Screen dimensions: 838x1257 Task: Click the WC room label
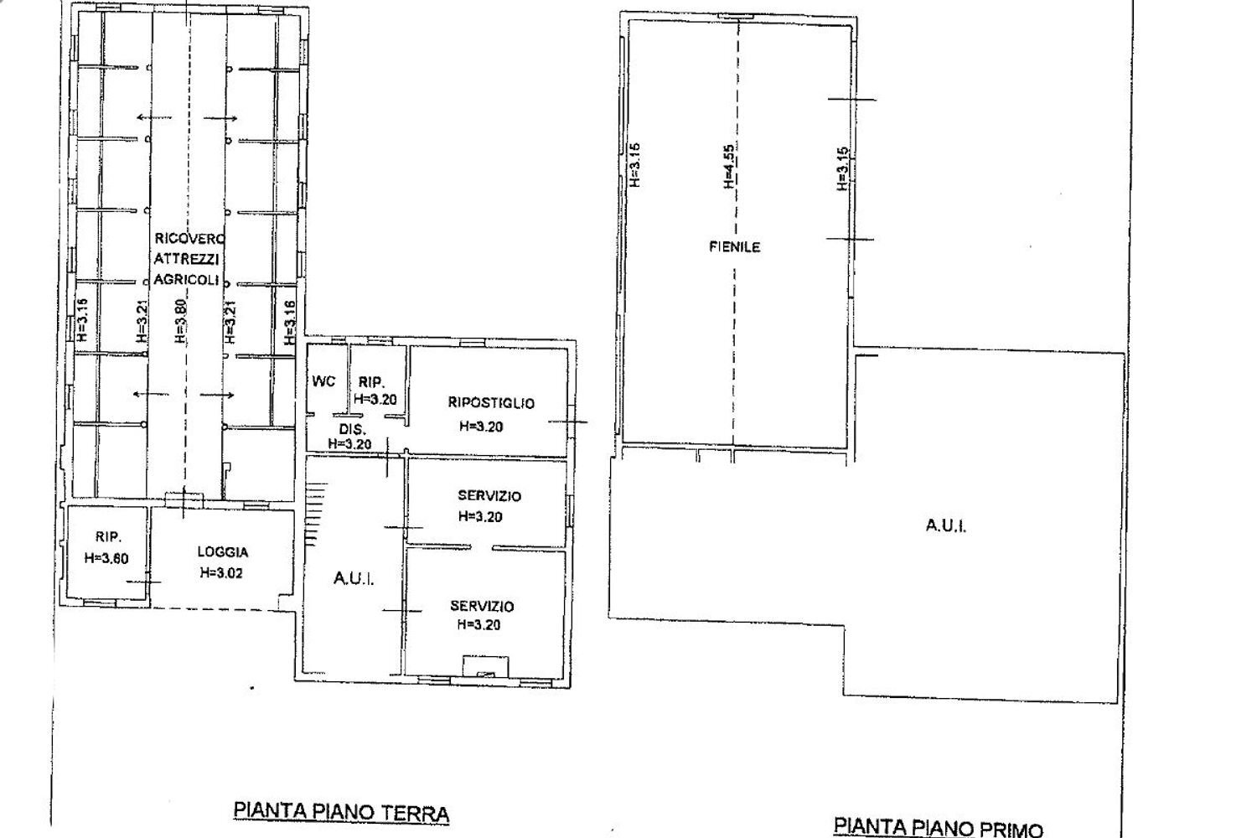click(323, 381)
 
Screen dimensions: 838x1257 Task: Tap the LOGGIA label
click(223, 552)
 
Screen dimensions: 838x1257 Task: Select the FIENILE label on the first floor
click(735, 247)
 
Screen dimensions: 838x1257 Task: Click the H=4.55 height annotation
click(730, 166)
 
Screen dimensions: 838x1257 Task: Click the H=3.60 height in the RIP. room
click(106, 559)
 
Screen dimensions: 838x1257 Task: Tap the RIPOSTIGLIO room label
click(491, 403)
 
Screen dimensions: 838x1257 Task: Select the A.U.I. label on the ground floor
click(354, 579)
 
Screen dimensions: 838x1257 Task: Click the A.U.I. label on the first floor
click(946, 526)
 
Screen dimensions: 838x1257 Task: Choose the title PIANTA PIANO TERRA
click(341, 811)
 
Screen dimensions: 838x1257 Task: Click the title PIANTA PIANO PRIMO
click(939, 827)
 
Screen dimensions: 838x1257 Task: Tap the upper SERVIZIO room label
click(489, 496)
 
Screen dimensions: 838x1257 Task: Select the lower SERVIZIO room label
click(482, 606)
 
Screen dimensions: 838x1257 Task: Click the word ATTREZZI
click(186, 261)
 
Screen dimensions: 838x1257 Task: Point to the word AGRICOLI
click(186, 280)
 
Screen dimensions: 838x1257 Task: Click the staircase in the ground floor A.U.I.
click(314, 511)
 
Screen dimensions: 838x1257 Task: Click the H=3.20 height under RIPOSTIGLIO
click(481, 427)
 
